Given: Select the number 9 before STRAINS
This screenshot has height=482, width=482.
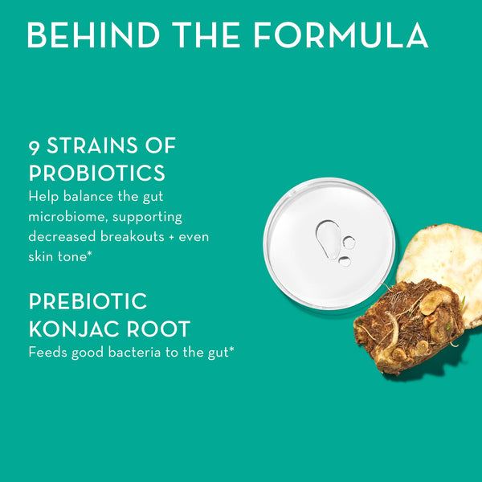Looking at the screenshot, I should coord(35,147).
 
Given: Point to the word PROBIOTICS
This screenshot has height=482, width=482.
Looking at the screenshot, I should coord(97,173).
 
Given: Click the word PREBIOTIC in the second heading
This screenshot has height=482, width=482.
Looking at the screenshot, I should coord(88,302).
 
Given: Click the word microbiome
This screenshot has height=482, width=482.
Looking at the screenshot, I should coord(65,216).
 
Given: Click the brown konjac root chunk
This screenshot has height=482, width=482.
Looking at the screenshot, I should coord(406,325).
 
